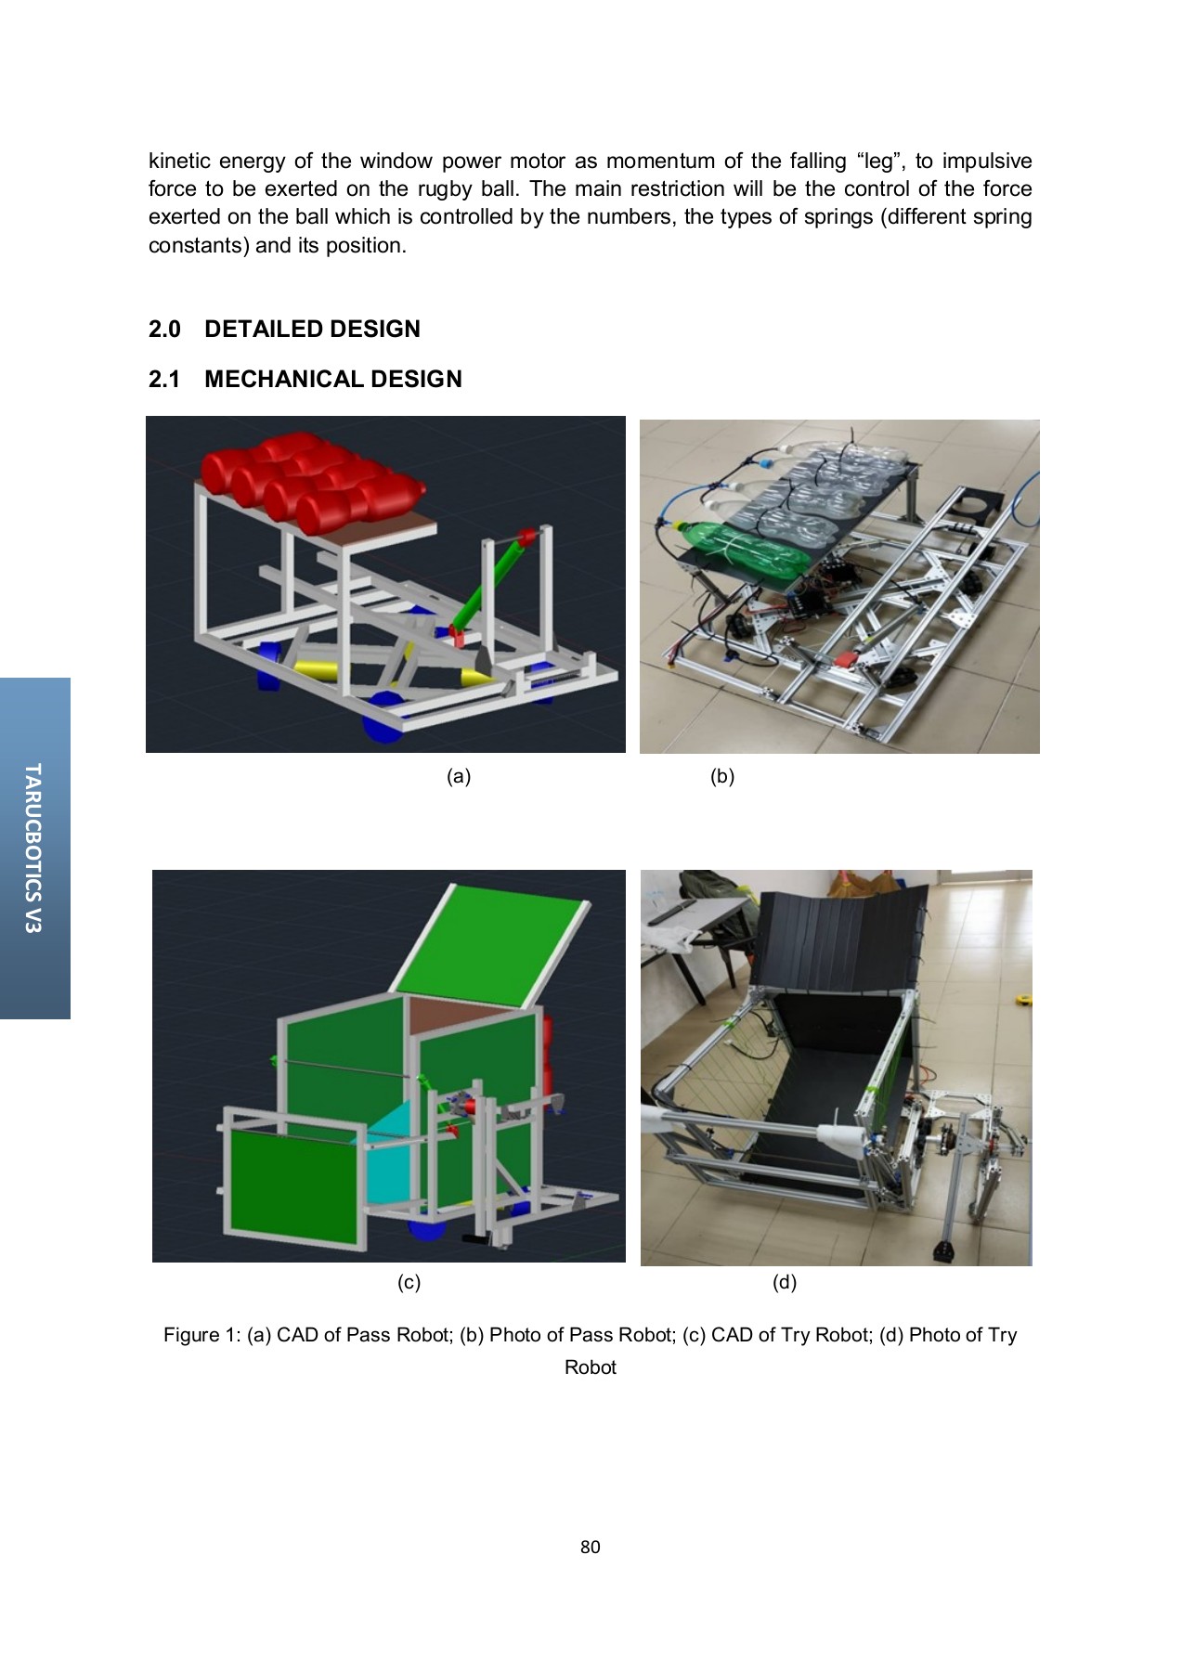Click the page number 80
590,1547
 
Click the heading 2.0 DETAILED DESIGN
284,329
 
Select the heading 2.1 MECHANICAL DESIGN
305,379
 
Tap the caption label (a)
459,776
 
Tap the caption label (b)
722,776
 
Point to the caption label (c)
409,1282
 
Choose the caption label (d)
785,1282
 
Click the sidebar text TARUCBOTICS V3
33,848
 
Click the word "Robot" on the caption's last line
590,1367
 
